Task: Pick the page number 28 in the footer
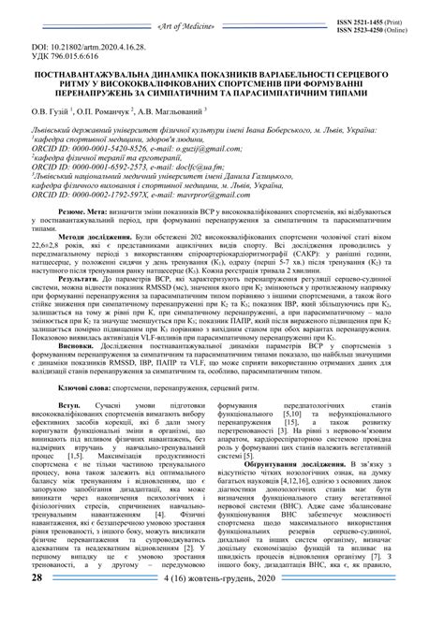pos(37,605)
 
